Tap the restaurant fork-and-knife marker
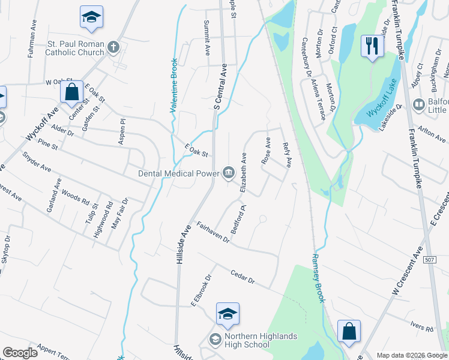(x=372, y=46)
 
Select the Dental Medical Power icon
(x=229, y=173)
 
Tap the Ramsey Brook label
(x=317, y=278)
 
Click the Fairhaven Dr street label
(x=213, y=232)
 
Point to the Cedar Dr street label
(x=243, y=277)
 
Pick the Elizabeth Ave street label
(x=243, y=172)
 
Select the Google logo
(x=20, y=353)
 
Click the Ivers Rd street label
(x=422, y=326)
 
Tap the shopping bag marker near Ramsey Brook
(x=349, y=331)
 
